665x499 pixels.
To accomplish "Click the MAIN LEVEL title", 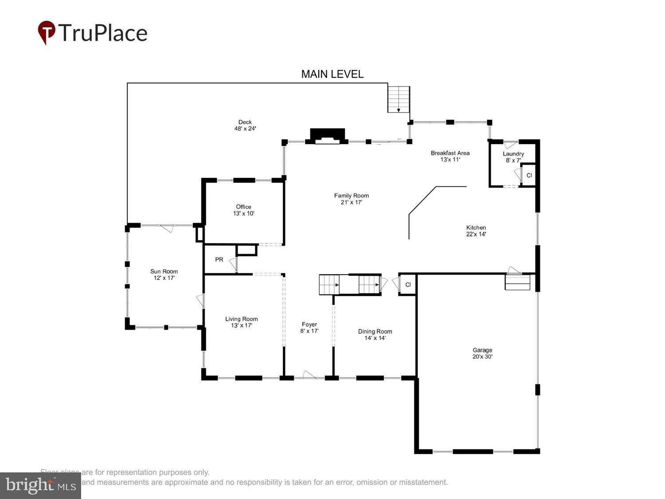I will point(332,74).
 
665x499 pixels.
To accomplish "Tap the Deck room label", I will point(245,125).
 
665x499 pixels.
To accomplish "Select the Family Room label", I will point(351,199).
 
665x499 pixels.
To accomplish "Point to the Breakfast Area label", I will point(450,156).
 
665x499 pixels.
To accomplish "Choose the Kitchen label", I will point(476,231).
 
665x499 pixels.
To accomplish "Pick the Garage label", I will point(482,353).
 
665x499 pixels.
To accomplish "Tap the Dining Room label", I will point(375,334).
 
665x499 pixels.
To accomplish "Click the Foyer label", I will point(309,327).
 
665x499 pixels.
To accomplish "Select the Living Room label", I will point(241,322).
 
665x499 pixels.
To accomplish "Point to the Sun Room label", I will point(164,275).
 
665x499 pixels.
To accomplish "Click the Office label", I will point(243,210).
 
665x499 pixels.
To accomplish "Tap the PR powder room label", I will point(219,259).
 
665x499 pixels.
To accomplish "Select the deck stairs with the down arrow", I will point(399,99).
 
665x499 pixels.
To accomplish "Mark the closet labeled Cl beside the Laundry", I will point(529,175).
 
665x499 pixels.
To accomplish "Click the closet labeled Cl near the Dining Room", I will point(408,285).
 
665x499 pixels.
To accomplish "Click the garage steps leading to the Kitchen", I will point(517,282).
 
